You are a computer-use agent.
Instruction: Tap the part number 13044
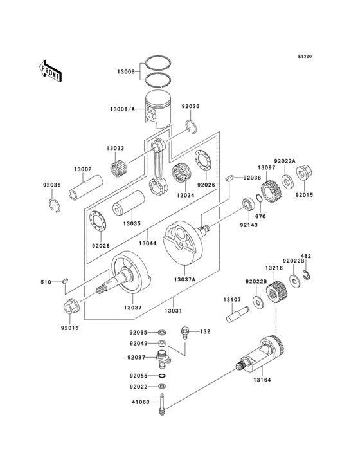(x=147, y=244)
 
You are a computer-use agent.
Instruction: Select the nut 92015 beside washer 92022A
(x=305, y=174)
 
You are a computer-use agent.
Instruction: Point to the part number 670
(x=260, y=217)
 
